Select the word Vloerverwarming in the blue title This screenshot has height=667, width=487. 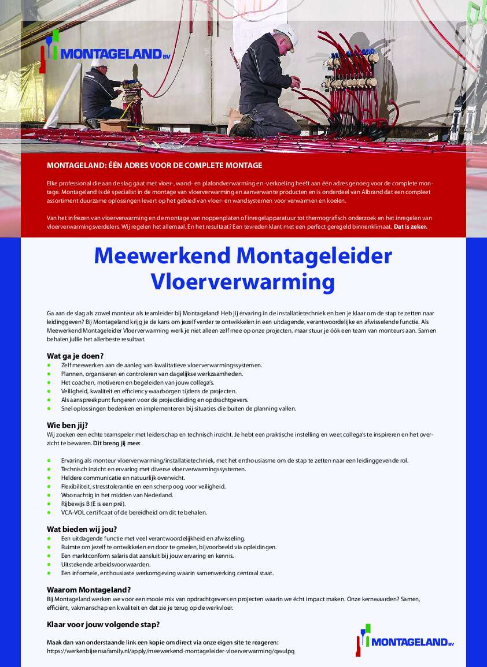[x=243, y=282]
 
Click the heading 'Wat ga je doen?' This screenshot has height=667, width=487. [x=75, y=356]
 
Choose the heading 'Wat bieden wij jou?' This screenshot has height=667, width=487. [x=82, y=529]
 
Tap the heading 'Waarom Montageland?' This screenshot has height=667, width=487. [x=88, y=590]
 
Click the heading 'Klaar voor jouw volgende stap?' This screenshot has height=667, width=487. [x=103, y=624]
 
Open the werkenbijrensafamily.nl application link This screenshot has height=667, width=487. [x=171, y=651]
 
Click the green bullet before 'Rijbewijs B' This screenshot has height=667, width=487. [x=49, y=504]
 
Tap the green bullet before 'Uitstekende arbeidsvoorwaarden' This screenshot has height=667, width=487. [x=49, y=564]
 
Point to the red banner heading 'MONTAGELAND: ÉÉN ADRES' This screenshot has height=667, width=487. [x=154, y=166]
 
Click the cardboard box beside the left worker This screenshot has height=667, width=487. [x=112, y=125]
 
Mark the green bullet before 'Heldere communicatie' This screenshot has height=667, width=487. [x=49, y=478]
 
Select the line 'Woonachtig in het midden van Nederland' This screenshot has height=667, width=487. [x=117, y=495]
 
